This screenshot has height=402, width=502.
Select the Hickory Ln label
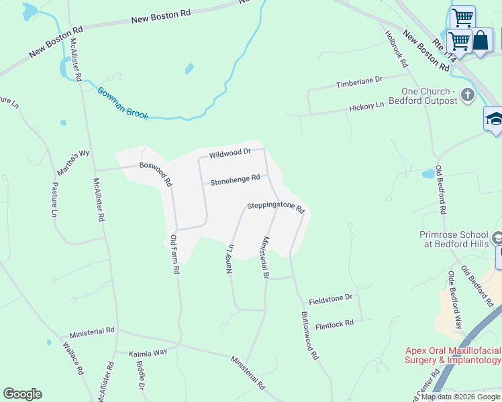click(x=366, y=107)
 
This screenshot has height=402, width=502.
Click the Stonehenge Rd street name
click(x=235, y=180)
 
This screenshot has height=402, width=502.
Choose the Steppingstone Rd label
click(x=276, y=207)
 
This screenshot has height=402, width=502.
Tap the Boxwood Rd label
click(x=156, y=173)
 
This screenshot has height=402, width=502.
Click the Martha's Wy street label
click(x=73, y=163)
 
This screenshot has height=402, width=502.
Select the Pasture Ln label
click(x=55, y=199)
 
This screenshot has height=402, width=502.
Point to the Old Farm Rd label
click(x=174, y=254)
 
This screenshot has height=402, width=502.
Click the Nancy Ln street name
click(x=230, y=258)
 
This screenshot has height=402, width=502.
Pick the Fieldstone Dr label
click(x=330, y=297)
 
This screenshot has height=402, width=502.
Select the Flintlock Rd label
click(x=334, y=324)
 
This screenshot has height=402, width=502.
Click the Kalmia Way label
click(x=148, y=352)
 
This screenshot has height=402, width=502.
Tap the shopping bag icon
click(x=481, y=40)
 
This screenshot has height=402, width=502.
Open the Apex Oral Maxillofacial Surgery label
click(x=453, y=355)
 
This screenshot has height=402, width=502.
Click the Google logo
click(x=22, y=394)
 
